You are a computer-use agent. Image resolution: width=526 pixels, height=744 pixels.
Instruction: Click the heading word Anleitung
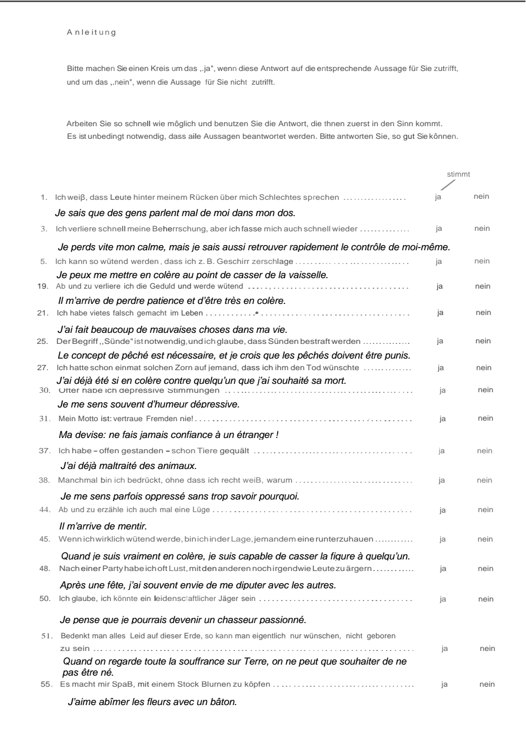91,33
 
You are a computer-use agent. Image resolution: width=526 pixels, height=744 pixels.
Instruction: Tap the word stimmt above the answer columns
458,175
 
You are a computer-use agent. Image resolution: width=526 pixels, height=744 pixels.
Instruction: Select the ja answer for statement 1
438,197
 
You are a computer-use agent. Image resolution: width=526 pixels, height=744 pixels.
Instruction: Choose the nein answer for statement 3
482,228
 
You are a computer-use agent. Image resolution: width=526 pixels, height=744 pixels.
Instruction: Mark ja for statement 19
440,286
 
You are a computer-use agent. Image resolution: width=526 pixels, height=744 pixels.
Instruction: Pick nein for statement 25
483,341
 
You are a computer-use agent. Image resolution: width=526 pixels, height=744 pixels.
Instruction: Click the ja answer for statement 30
443,390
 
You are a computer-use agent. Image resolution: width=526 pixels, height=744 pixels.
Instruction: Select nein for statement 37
484,451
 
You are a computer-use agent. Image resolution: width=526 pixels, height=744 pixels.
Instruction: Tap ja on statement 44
442,509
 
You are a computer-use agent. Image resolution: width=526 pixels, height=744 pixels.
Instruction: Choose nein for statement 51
488,648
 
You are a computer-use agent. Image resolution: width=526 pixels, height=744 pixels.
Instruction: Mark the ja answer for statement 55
444,684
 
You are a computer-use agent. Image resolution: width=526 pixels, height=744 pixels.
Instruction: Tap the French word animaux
178,465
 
